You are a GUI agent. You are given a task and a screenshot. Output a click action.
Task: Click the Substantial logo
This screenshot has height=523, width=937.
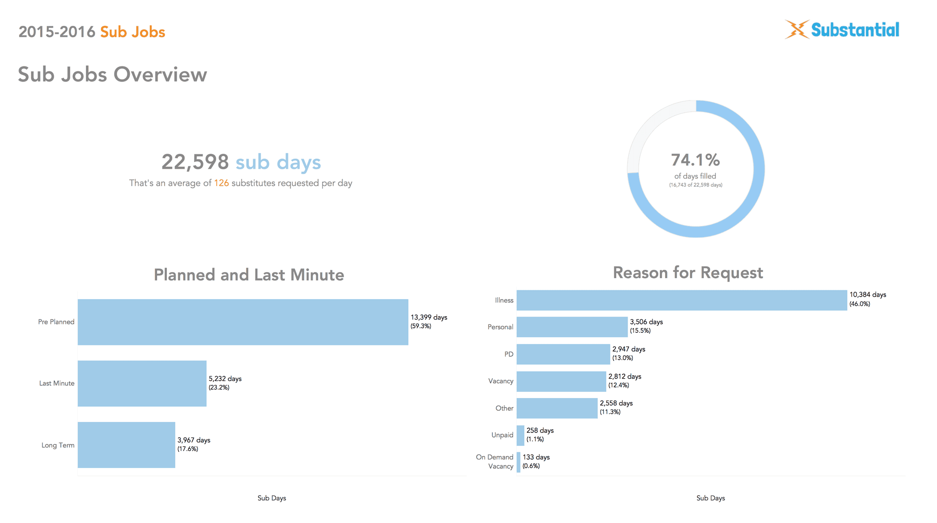(x=842, y=30)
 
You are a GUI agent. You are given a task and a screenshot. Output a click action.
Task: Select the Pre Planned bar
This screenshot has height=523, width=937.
(x=243, y=322)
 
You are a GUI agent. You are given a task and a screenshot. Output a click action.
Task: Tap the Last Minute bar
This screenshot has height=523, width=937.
(x=142, y=383)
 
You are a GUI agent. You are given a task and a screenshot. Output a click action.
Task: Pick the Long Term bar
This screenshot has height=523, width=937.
(x=126, y=445)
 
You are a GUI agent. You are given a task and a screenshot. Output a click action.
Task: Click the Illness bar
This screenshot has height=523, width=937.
(x=681, y=300)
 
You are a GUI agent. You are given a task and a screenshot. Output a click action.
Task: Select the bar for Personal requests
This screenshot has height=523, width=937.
(x=572, y=327)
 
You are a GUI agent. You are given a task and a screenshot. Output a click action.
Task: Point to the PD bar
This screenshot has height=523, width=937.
(x=563, y=354)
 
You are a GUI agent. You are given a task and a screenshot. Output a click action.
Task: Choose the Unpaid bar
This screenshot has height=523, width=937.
(x=520, y=435)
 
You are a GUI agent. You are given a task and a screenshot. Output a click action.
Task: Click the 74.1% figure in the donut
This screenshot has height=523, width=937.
(x=695, y=160)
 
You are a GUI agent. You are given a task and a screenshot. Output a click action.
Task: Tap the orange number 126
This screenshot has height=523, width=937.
(x=221, y=183)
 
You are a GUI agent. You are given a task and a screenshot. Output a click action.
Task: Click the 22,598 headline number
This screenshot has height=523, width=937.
(x=195, y=162)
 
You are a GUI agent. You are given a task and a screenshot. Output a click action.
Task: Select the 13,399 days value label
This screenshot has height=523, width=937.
(x=428, y=317)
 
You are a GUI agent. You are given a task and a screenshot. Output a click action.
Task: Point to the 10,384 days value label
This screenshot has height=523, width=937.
(x=868, y=295)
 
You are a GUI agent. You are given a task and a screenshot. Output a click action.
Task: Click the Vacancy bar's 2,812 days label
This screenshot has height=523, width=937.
(x=625, y=377)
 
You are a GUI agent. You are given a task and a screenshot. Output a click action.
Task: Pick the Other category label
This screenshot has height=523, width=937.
(x=504, y=408)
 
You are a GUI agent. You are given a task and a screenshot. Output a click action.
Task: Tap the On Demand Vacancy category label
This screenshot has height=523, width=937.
(x=495, y=462)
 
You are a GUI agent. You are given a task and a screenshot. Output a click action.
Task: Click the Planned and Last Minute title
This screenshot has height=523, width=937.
(x=249, y=275)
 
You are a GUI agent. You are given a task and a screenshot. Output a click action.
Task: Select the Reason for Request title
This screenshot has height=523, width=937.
(x=688, y=273)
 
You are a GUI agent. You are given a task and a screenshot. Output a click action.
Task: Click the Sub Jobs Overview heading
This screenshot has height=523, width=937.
(x=112, y=75)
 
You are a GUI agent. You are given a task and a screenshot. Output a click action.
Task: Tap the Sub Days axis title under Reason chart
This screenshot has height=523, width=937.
(x=711, y=498)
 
